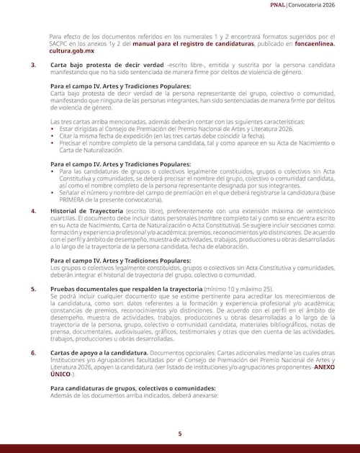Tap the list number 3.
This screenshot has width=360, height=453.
(x=32, y=66)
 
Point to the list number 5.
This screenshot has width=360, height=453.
(x=32, y=288)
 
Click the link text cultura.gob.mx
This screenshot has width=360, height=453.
(x=71, y=51)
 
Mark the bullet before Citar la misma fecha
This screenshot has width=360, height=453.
(x=53, y=135)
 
